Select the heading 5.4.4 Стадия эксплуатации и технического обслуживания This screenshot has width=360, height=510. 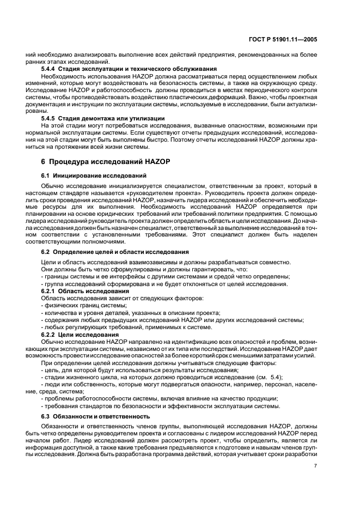(x=129, y=69)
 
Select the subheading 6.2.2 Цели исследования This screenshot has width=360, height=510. (x=77, y=334)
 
